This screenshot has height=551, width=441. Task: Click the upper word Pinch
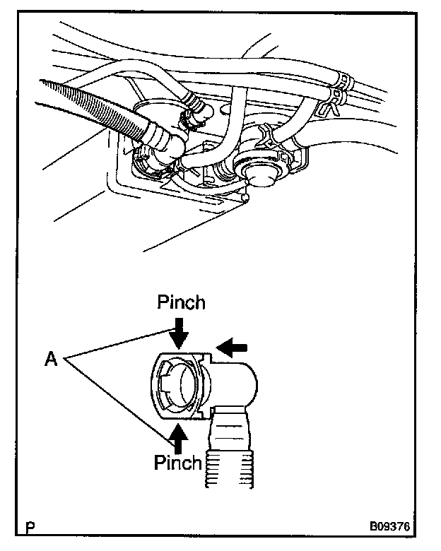pyautogui.click(x=181, y=303)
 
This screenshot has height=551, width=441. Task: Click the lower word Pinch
pyautogui.click(x=179, y=463)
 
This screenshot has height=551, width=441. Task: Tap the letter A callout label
pyautogui.click(x=50, y=360)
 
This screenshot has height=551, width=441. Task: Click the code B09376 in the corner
pyautogui.click(x=389, y=527)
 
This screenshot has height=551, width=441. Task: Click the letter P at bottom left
pyautogui.click(x=30, y=528)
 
